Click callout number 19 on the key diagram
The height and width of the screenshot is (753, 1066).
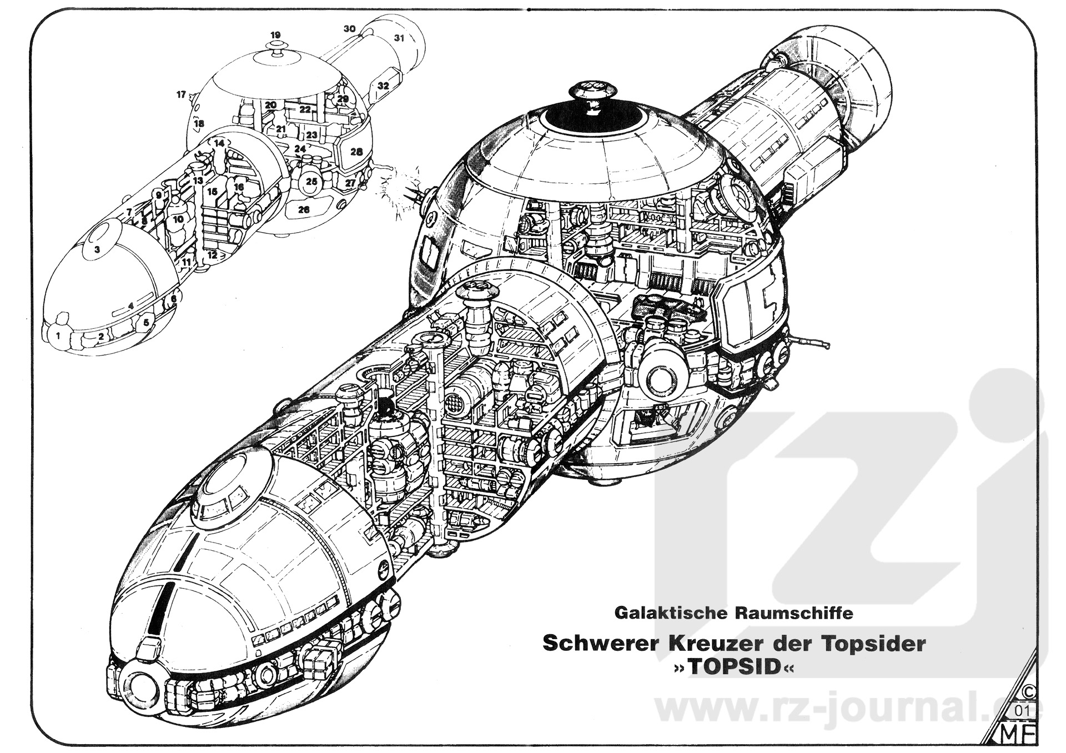[x=276, y=34]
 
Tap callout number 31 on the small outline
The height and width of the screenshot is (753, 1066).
[x=399, y=38]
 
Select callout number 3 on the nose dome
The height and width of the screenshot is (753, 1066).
[x=97, y=249]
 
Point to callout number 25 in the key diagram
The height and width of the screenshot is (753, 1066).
[x=311, y=182]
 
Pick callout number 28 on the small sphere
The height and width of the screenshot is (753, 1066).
[x=356, y=152]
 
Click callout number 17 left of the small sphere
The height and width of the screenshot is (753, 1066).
[x=181, y=95]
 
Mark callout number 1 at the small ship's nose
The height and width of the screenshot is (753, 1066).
[x=58, y=335]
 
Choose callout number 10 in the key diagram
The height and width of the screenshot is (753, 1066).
[x=178, y=219]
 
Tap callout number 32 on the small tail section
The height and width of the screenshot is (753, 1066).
[x=383, y=86]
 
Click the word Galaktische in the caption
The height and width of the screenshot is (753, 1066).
[x=661, y=613]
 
